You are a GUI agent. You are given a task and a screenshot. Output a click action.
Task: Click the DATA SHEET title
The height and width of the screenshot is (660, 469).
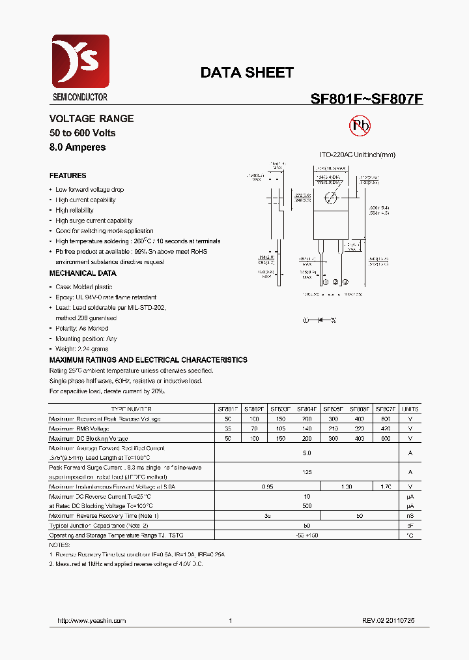(247, 72)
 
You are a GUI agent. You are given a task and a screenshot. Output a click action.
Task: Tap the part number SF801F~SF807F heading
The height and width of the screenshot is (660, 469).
(367, 99)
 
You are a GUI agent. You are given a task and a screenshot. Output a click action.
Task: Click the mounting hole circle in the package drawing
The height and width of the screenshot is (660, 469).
(332, 198)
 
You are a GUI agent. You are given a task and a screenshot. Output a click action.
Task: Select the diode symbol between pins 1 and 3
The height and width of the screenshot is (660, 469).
(320, 320)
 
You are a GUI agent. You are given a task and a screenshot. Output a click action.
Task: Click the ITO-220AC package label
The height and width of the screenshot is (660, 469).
(337, 155)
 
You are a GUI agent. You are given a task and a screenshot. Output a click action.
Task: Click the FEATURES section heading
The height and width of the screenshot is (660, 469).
(68, 175)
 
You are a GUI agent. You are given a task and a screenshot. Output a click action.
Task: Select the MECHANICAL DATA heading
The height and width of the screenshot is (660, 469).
(83, 273)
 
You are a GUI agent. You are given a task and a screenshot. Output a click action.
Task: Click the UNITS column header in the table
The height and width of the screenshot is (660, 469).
(410, 410)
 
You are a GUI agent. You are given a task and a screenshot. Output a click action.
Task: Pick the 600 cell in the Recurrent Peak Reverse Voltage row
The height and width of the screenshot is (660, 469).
(386, 419)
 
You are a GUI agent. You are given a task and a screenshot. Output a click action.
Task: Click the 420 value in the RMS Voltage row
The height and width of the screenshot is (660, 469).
(386, 428)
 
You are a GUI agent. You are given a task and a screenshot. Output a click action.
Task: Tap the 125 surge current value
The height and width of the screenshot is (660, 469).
(307, 472)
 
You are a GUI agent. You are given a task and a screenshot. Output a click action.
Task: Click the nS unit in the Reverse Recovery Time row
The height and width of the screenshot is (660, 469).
(410, 516)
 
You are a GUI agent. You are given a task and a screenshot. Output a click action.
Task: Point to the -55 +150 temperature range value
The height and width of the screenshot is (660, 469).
(307, 535)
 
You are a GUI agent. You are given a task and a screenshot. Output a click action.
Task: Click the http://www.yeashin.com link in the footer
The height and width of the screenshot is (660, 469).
(92, 621)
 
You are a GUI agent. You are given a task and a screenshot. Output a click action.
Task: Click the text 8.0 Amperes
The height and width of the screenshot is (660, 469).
(78, 147)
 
